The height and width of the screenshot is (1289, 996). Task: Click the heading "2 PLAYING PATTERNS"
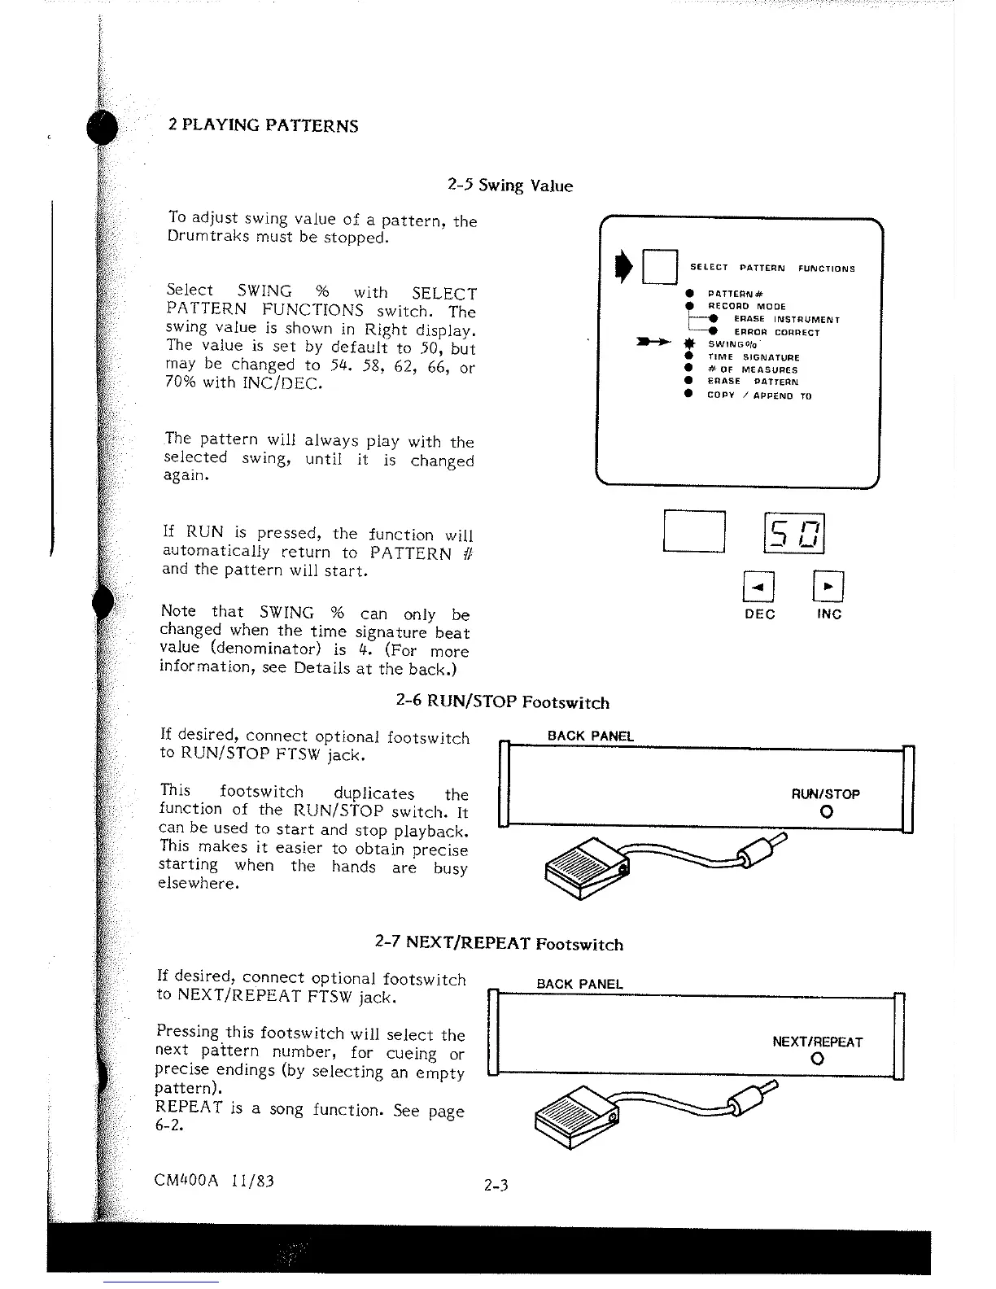tap(263, 126)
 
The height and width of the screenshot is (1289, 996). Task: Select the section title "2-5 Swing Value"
tap(510, 186)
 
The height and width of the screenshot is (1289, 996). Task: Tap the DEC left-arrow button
tap(758, 585)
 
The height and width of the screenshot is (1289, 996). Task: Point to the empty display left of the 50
tap(694, 531)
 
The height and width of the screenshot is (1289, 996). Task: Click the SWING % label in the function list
tap(726, 344)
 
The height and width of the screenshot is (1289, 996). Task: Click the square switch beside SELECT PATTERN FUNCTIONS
tap(659, 266)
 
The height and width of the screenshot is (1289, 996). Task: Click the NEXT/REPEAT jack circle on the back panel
tap(817, 1060)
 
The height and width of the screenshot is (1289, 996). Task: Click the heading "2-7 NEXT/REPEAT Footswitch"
tap(499, 944)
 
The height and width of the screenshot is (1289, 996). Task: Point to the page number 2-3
tap(495, 1186)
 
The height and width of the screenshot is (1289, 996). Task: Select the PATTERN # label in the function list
tap(735, 293)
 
